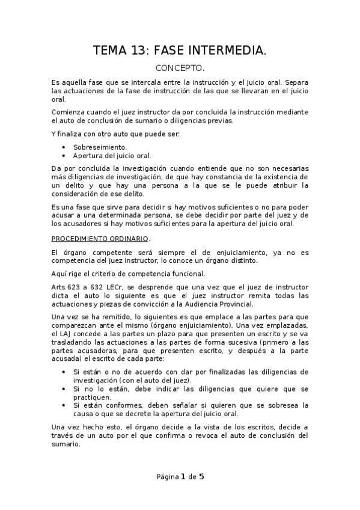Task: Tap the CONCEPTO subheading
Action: coord(180,69)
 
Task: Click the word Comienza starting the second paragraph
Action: coord(68,112)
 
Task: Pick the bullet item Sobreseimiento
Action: coord(100,147)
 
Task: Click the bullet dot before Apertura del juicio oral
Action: coord(64,155)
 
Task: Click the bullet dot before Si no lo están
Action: coord(64,389)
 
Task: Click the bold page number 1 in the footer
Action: coord(182,477)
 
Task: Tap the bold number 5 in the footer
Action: coord(202,477)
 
